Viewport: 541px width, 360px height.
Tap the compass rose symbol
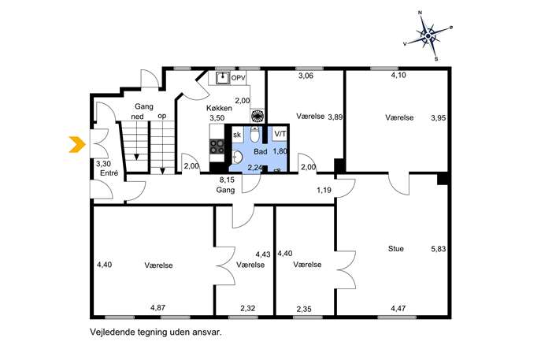tap(428, 35)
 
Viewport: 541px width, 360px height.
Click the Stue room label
tap(396, 248)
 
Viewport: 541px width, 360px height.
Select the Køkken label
tap(219, 108)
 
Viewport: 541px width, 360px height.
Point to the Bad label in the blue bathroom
tap(261, 151)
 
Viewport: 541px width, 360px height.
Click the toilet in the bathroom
tap(254, 135)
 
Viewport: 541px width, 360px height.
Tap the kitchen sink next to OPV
tap(223, 78)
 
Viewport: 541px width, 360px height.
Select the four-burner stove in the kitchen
tap(217, 146)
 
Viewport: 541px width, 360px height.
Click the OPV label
tap(238, 78)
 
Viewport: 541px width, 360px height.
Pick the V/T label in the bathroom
tap(280, 134)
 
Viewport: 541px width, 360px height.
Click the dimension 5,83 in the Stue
tap(439, 249)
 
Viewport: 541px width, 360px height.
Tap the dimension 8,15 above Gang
tap(227, 180)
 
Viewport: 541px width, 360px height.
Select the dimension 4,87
tap(157, 307)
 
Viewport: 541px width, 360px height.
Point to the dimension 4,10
tap(398, 75)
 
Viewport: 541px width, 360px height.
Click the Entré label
tap(109, 173)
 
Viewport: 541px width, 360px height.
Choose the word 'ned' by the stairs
tap(137, 117)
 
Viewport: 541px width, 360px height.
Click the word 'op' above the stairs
tap(161, 117)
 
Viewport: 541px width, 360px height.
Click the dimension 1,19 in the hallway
tap(324, 190)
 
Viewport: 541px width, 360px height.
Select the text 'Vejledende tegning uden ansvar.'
tap(155, 332)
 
